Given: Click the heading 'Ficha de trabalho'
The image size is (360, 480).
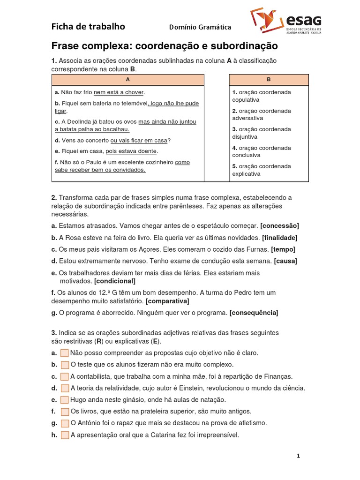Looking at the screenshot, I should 88,27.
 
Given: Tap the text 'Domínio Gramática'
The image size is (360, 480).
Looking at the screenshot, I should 200,27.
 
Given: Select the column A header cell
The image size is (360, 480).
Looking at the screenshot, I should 127,80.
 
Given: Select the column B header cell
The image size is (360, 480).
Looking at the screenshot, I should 269,80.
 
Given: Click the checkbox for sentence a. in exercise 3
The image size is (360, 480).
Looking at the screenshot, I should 65,353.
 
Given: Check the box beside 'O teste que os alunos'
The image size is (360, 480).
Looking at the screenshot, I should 65,365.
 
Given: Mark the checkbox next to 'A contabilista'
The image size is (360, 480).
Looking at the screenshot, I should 65,376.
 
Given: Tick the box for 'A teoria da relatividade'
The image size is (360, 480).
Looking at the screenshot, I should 65,388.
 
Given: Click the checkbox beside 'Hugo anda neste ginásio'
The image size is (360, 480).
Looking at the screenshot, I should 65,400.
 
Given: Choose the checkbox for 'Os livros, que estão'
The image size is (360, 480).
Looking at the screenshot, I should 65,412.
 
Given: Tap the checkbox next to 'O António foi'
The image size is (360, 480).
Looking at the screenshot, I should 65,423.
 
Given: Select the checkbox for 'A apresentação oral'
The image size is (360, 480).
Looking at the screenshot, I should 65,435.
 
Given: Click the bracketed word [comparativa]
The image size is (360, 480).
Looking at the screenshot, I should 167,300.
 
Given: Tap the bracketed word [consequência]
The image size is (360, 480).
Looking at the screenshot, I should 254,313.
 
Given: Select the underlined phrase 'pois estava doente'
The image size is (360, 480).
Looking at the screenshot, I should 131,151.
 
